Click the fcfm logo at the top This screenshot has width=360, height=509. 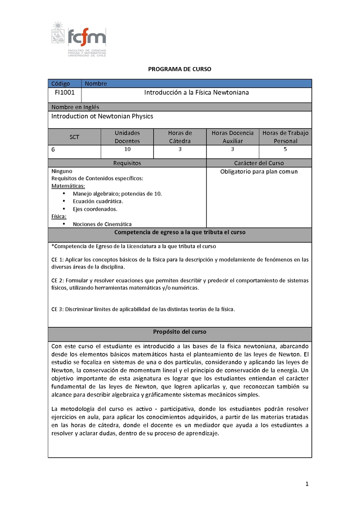(79, 39)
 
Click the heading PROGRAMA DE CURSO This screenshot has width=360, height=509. (180, 69)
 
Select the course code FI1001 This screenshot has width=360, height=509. (65, 93)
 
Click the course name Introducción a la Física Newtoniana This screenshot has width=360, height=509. (196, 93)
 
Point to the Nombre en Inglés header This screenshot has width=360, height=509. (75, 107)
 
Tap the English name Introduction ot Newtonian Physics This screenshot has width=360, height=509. (102, 116)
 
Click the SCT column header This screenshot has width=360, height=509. (74, 137)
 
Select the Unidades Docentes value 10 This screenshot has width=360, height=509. (127, 149)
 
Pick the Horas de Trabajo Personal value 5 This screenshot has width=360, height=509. (285, 149)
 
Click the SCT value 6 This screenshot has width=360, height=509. (54, 150)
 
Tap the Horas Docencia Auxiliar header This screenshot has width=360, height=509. (232, 137)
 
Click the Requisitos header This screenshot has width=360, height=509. (127, 163)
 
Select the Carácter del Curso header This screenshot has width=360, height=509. (259, 163)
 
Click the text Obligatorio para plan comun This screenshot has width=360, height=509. (259, 171)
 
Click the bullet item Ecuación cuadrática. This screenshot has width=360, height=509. (98, 201)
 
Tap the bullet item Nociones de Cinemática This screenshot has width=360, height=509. (102, 224)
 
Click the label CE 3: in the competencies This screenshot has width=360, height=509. (58, 309)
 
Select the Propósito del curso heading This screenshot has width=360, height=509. (180, 332)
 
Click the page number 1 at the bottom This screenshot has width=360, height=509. (306, 484)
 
